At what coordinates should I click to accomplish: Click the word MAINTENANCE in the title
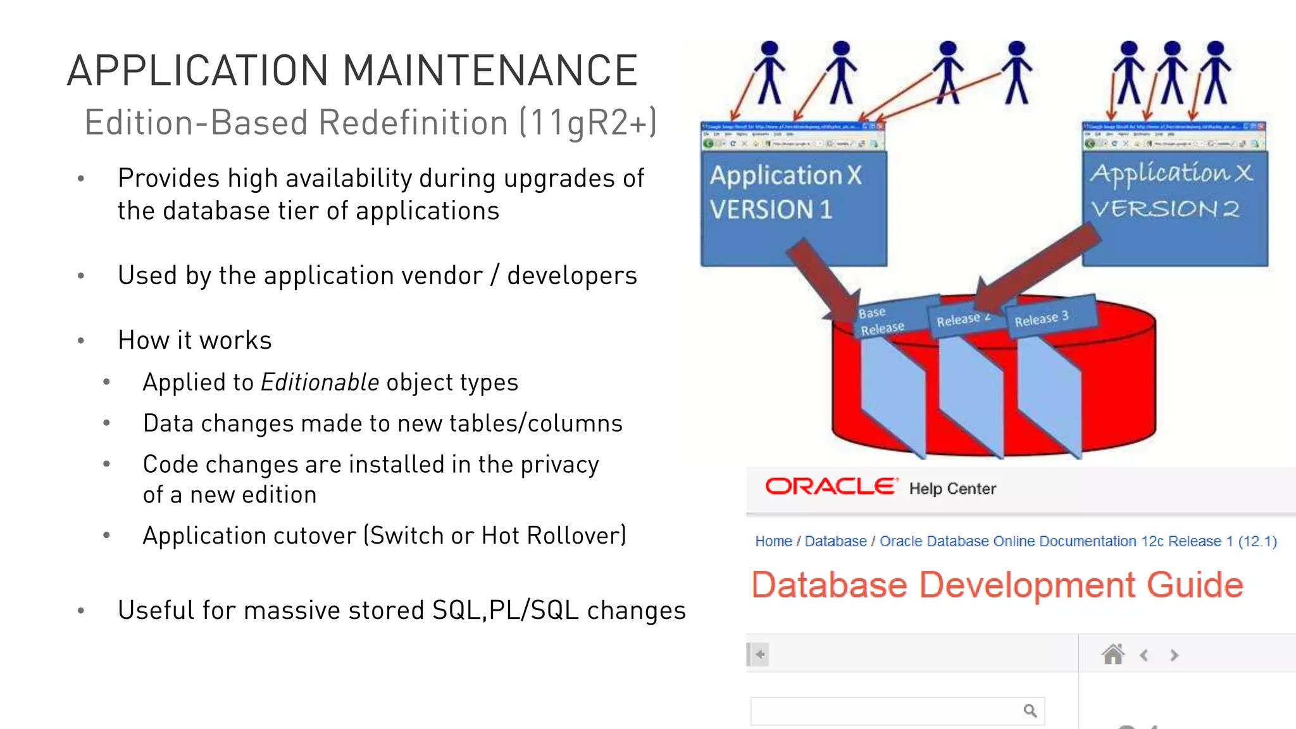click(490, 70)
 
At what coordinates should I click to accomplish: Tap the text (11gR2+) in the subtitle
click(588, 122)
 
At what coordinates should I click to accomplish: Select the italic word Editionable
click(320, 382)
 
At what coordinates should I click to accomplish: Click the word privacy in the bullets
click(559, 464)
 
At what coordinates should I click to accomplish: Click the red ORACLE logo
click(831, 487)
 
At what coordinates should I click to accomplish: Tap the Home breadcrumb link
click(773, 541)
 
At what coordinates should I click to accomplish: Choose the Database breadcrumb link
click(835, 541)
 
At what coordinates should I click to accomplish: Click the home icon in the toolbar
click(1112, 654)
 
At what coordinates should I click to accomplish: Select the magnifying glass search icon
click(1030, 711)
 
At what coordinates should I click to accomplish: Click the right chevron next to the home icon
click(1174, 655)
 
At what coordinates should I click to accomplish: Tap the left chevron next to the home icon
click(1144, 655)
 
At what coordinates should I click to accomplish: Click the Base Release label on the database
click(880, 321)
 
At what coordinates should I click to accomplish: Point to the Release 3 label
click(1042, 318)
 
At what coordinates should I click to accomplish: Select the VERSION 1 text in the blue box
click(771, 209)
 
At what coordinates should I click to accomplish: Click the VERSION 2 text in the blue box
click(1165, 209)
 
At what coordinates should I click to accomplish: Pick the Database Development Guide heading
click(997, 585)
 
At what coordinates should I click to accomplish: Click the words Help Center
click(952, 489)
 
